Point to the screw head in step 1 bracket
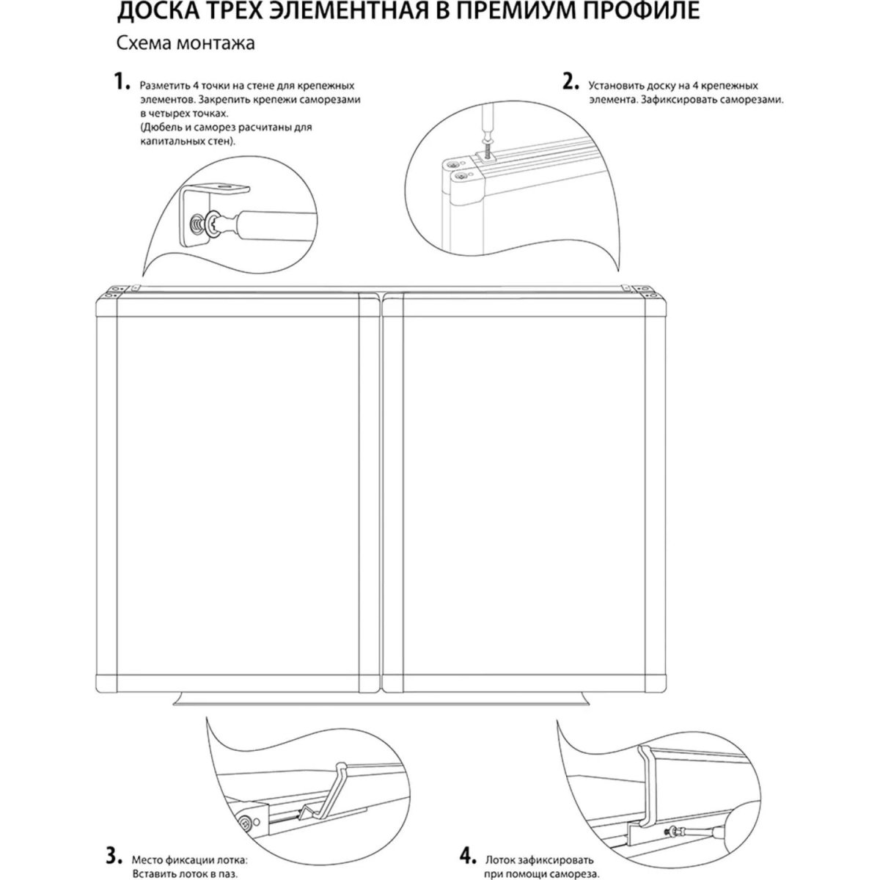(x=196, y=224)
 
